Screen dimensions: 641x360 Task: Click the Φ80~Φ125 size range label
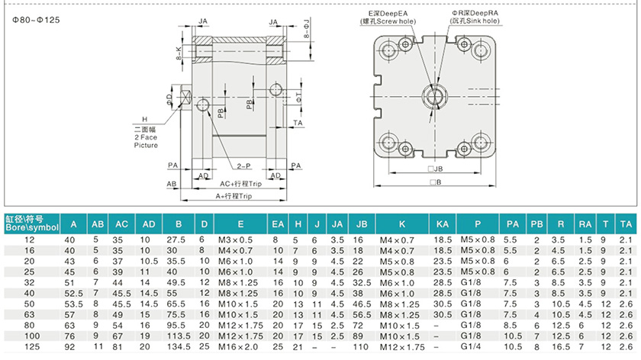coord(36,20)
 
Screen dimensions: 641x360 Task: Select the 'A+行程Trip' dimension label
coord(234,196)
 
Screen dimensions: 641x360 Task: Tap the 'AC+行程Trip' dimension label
coord(240,184)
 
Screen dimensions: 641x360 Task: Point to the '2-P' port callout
coord(244,166)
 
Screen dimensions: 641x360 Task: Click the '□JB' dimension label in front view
coord(435,169)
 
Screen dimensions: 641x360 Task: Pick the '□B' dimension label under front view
coord(436,182)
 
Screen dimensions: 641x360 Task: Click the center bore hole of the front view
coord(435,97)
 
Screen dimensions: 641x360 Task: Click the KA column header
coord(443,224)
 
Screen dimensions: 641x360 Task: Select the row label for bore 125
coord(32,347)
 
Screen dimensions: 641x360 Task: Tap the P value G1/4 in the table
coord(471,346)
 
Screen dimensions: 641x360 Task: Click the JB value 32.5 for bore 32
coord(362,283)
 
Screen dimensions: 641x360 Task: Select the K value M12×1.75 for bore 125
coord(402,347)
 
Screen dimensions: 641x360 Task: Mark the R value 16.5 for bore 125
coord(560,347)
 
